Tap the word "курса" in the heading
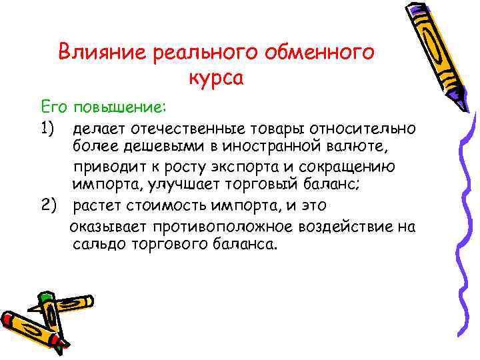click(217, 78)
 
